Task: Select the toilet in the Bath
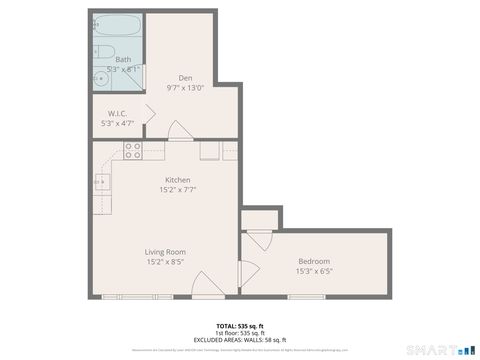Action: click(106, 53)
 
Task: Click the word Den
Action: click(185, 78)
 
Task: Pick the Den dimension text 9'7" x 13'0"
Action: click(185, 87)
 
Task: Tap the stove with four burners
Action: click(132, 151)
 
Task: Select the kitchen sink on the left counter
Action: click(101, 182)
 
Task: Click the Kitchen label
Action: click(178, 180)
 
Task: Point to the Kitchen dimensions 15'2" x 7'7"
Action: click(178, 189)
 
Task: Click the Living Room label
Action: click(165, 252)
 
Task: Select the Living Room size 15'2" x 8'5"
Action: click(165, 262)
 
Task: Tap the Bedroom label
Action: click(313, 261)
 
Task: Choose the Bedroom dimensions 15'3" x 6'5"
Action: click(313, 271)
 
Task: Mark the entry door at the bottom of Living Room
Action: click(204, 284)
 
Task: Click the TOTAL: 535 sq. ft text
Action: click(240, 326)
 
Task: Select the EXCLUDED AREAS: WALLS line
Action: click(240, 340)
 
